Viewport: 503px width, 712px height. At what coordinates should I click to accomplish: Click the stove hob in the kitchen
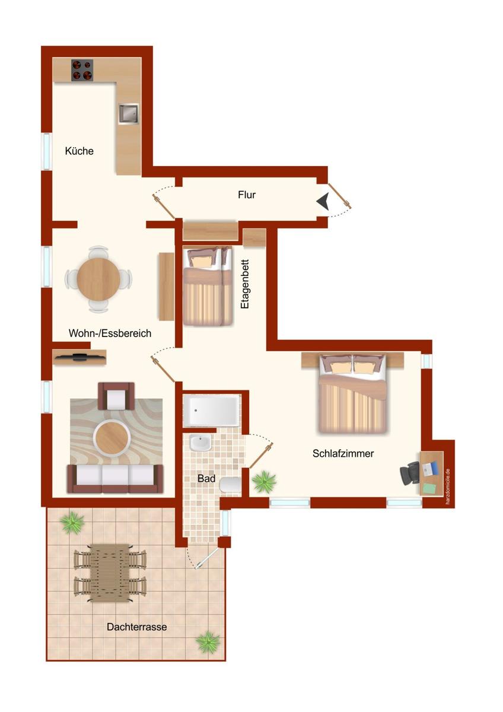82,70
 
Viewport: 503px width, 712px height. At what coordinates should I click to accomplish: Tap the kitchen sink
129,113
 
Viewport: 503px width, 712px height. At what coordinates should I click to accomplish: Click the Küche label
79,151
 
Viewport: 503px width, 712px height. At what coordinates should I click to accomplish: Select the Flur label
247,195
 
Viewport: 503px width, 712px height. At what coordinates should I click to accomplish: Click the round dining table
98,279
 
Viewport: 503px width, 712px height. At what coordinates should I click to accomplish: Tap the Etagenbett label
244,284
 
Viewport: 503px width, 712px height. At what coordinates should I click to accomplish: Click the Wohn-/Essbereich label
110,333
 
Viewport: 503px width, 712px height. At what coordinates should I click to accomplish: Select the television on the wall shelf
79,357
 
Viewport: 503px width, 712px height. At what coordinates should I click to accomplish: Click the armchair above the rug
116,396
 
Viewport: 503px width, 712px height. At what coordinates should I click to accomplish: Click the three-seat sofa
115,479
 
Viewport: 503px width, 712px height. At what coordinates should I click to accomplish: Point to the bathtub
211,411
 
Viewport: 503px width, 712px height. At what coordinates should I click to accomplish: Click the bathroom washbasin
200,443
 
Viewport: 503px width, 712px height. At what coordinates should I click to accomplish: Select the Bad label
206,478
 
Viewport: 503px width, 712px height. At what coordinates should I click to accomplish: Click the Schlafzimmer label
343,453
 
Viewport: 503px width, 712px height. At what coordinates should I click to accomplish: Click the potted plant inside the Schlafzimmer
264,482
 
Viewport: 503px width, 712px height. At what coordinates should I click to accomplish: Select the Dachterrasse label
136,627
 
